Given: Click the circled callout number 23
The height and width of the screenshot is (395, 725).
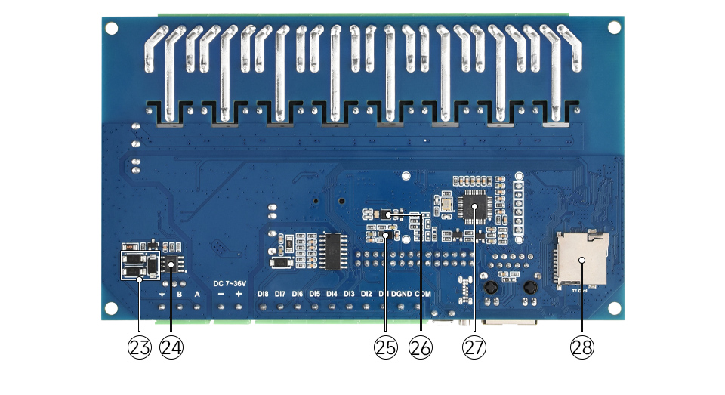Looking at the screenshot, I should tap(139, 347).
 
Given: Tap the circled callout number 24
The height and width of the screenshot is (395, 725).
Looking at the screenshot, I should tap(171, 347).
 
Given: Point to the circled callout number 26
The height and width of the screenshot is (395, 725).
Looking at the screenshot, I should tap(420, 347).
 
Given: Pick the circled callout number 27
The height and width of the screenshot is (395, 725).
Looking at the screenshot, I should tap(474, 347).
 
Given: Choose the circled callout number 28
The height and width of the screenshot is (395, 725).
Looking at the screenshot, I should tap(582, 347).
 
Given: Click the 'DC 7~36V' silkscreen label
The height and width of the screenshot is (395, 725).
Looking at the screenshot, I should tap(230, 282).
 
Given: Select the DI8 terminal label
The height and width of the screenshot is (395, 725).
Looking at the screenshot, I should tap(263, 294).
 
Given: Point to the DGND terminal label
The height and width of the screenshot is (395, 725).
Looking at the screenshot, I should tap(401, 294).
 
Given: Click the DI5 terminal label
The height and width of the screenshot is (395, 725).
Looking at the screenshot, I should tap(314, 294).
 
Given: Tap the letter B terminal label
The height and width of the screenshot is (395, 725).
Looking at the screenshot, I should tap(180, 294).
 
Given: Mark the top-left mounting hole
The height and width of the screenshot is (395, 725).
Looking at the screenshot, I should tap(113, 27).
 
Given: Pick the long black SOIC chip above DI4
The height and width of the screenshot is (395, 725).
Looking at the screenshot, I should tap(332, 251).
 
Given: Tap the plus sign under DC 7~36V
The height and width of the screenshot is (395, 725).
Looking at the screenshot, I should tap(239, 294).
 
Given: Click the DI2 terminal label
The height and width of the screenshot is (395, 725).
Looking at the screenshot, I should tap(366, 294).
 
